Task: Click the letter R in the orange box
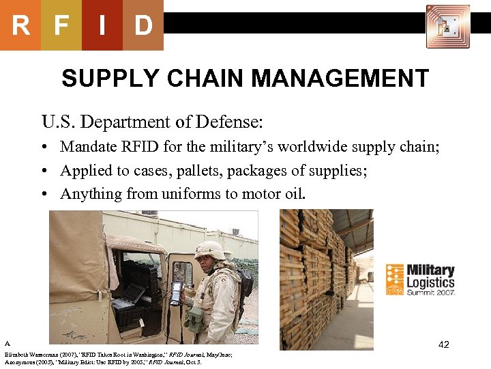(20, 25)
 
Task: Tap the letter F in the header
(61, 25)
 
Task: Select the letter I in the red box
(102, 25)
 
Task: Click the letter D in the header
(143, 25)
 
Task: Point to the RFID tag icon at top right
(447, 27)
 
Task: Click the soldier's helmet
(209, 249)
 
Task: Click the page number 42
(443, 344)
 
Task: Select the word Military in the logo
(430, 271)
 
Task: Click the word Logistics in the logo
(430, 282)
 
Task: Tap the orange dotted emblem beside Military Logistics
(396, 279)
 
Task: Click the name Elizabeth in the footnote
(18, 355)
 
